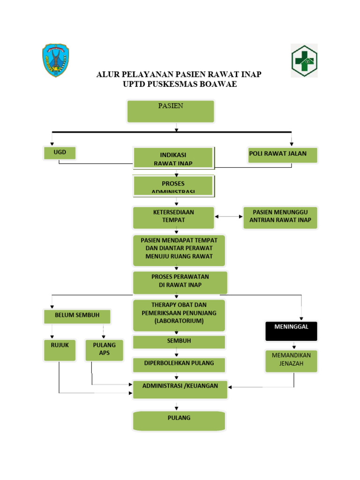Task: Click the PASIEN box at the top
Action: click(171, 112)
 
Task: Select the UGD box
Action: click(60, 153)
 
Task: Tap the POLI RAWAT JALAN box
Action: click(283, 155)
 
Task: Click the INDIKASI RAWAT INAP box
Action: click(173, 158)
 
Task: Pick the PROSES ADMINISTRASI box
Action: click(173, 186)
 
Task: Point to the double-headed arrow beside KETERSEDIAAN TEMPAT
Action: click(229, 217)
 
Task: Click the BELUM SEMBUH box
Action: click(77, 316)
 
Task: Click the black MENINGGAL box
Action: click(291, 331)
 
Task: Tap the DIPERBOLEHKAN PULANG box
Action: click(179, 364)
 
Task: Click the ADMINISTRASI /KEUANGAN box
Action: click(180, 389)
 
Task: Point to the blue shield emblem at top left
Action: click(56, 60)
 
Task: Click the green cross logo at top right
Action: click(304, 60)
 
